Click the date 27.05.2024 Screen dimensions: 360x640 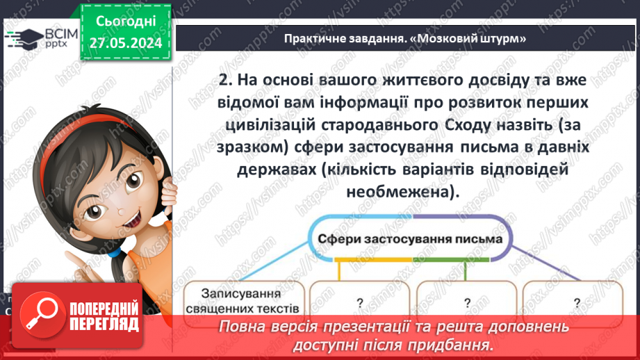[125, 43]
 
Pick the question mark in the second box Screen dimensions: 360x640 [360, 302]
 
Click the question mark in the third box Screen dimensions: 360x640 [467, 302]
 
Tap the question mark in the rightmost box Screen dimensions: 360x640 [577, 302]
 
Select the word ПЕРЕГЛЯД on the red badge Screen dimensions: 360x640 [104, 324]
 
